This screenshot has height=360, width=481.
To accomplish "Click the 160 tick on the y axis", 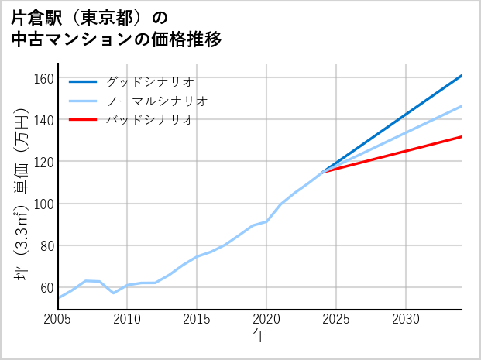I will pos(43,78).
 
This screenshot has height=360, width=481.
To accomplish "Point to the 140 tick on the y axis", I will pos(43,120).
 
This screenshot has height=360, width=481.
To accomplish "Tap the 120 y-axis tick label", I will pos(43,162).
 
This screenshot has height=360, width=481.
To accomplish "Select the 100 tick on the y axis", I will pos(43,204).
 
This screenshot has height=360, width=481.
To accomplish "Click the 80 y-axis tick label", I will pos(46,245).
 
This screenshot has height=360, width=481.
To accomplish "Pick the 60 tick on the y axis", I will pos(46,287).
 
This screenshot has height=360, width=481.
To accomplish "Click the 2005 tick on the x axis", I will pos(58,319).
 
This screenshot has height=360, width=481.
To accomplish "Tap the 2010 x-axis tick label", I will pos(128,319).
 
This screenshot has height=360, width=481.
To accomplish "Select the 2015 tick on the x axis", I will pos(197,319).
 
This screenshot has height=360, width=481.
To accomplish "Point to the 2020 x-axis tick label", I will pos(266,319).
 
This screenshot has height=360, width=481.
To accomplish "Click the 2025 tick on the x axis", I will pos(336,319).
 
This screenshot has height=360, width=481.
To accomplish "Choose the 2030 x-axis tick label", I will pos(406,319).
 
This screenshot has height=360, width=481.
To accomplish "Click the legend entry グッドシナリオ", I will pos(149,81).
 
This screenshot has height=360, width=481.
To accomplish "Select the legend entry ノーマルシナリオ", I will pos(156,101).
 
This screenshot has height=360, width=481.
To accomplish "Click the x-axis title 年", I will pos(260,336).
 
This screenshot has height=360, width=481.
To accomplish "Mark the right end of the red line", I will pos(462,136).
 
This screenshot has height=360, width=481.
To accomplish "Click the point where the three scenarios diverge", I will pos(322,171).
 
